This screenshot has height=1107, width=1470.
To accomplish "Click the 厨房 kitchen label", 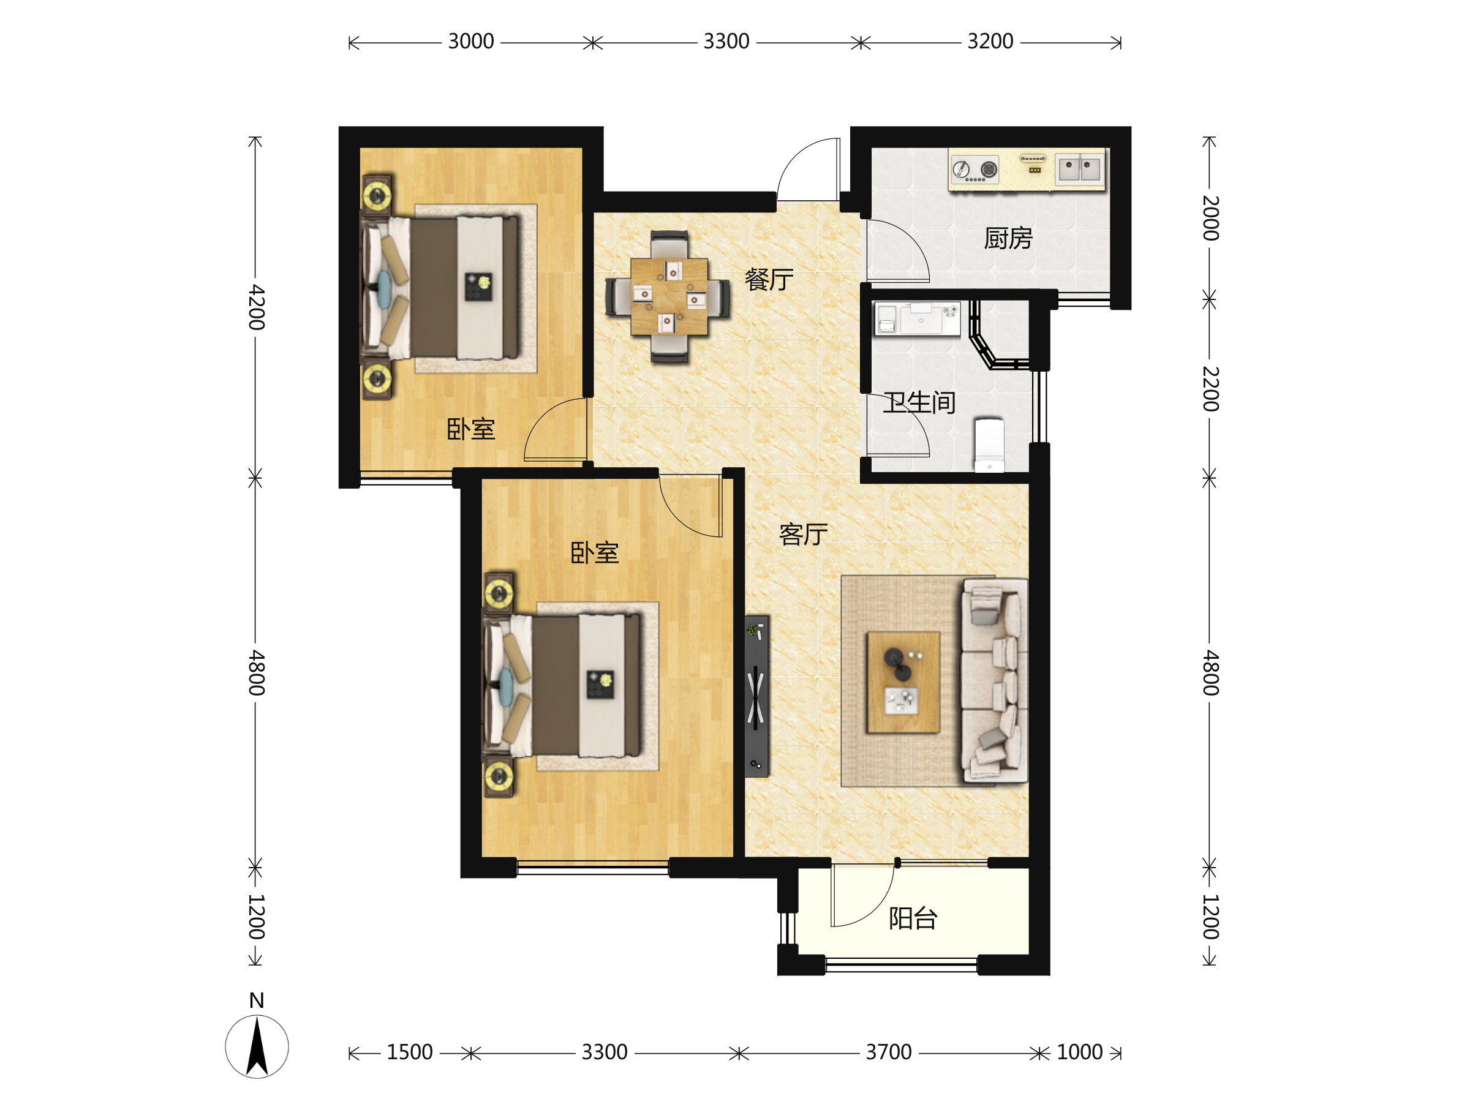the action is click(x=1008, y=239).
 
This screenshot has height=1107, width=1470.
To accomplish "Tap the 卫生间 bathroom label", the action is click(x=919, y=403).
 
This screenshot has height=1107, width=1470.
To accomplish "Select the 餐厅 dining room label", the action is click(x=769, y=280).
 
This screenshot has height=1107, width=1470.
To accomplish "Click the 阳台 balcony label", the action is click(x=913, y=918).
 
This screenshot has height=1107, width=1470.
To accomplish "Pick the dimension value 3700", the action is click(x=889, y=1053).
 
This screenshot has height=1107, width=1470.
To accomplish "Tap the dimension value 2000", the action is click(x=1210, y=218).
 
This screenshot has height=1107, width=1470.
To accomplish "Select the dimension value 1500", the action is click(x=409, y=1053).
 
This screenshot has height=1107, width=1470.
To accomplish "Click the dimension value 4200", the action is click(x=257, y=307).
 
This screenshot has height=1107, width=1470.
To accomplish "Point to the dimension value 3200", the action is click(x=990, y=42).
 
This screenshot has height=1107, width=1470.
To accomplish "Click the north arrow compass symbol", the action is click(x=257, y=1046).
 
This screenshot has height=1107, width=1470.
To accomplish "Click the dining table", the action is click(x=669, y=296).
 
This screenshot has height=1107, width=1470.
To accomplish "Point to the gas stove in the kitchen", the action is click(x=976, y=170).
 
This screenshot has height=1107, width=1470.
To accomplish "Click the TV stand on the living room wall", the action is click(x=756, y=696).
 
